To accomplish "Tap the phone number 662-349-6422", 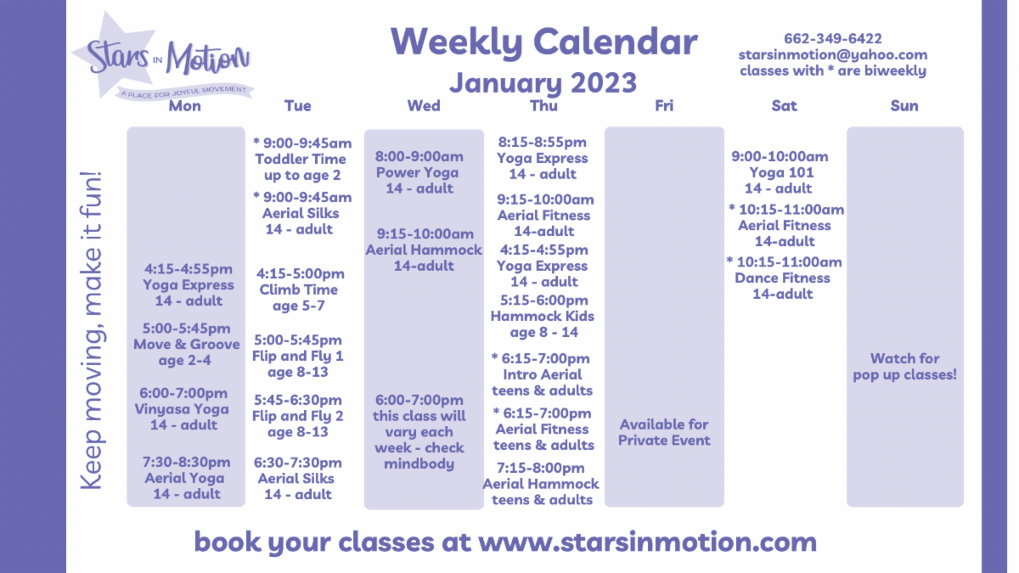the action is click(x=833, y=39).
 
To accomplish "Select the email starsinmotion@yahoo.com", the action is click(x=833, y=55).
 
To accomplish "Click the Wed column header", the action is click(x=424, y=106).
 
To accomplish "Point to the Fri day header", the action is click(x=664, y=106).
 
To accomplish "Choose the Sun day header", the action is click(x=904, y=106).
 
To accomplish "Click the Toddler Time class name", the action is click(x=301, y=160).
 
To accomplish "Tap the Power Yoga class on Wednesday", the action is click(x=418, y=173).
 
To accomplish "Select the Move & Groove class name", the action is click(x=187, y=345).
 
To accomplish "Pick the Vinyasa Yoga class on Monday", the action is click(x=182, y=409).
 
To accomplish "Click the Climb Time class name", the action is click(x=298, y=289).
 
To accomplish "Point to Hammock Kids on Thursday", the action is click(x=543, y=316).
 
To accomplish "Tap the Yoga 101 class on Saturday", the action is click(x=781, y=173).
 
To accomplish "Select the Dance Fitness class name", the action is click(x=782, y=278).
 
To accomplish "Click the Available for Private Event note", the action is click(x=664, y=432).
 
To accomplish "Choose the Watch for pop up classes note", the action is click(x=905, y=367).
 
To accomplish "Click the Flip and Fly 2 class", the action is click(x=298, y=416).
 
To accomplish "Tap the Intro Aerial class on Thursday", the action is click(x=543, y=374).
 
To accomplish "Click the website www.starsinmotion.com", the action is click(x=647, y=542).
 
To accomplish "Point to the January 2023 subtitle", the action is click(x=543, y=82).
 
